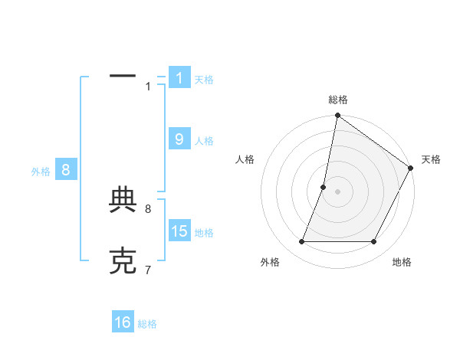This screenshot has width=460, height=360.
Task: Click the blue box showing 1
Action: pyautogui.click(x=179, y=78)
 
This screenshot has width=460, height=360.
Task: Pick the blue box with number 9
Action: pyautogui.click(x=179, y=139)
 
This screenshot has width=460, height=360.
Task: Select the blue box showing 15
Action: pyautogui.click(x=179, y=231)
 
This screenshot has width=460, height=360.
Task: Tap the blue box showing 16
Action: pyautogui.click(x=123, y=323)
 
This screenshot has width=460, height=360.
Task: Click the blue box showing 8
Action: pyautogui.click(x=66, y=170)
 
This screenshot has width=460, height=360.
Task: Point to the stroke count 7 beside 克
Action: pyautogui.click(x=148, y=270)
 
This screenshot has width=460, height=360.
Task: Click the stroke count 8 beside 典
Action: pyautogui.click(x=148, y=208)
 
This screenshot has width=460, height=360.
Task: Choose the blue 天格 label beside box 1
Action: pyautogui.click(x=204, y=80)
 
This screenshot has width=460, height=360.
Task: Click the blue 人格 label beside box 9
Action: pyautogui.click(x=204, y=141)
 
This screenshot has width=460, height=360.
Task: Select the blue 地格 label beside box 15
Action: pyautogui.click(x=204, y=233)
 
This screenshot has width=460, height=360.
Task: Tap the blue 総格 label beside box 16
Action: pyautogui.click(x=147, y=324)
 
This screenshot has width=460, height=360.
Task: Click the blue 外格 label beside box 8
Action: pyautogui.click(x=41, y=172)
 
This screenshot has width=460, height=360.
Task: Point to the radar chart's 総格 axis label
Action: pyautogui.click(x=337, y=100)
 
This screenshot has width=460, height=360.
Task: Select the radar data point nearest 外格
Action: pyautogui.click(x=302, y=242)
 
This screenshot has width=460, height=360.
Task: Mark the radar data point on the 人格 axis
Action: pyautogui.click(x=324, y=187)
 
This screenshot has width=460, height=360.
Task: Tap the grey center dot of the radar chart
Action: pyautogui.click(x=337, y=191)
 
